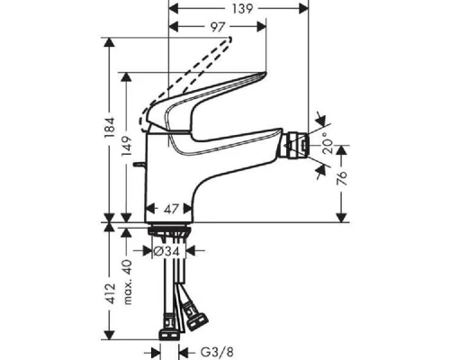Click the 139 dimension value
point(239,9)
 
